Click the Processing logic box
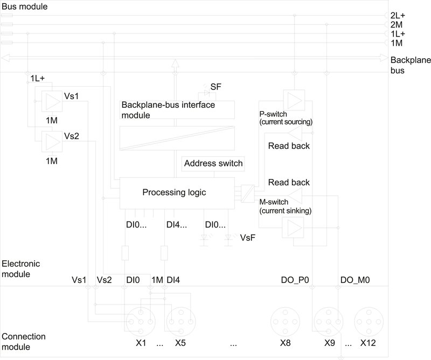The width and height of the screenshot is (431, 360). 174,193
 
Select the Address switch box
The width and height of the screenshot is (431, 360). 213,163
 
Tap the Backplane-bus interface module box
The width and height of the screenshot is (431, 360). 178,110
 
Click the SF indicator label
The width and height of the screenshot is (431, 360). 215,87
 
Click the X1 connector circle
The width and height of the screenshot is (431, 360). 142,321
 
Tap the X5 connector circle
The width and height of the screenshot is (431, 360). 180,321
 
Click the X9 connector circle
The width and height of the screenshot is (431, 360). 328,321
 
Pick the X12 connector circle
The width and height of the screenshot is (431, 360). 367,321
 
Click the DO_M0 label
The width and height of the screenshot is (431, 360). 356,280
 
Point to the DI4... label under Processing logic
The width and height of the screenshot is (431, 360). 177,224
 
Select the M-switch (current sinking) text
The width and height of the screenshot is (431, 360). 285,205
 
